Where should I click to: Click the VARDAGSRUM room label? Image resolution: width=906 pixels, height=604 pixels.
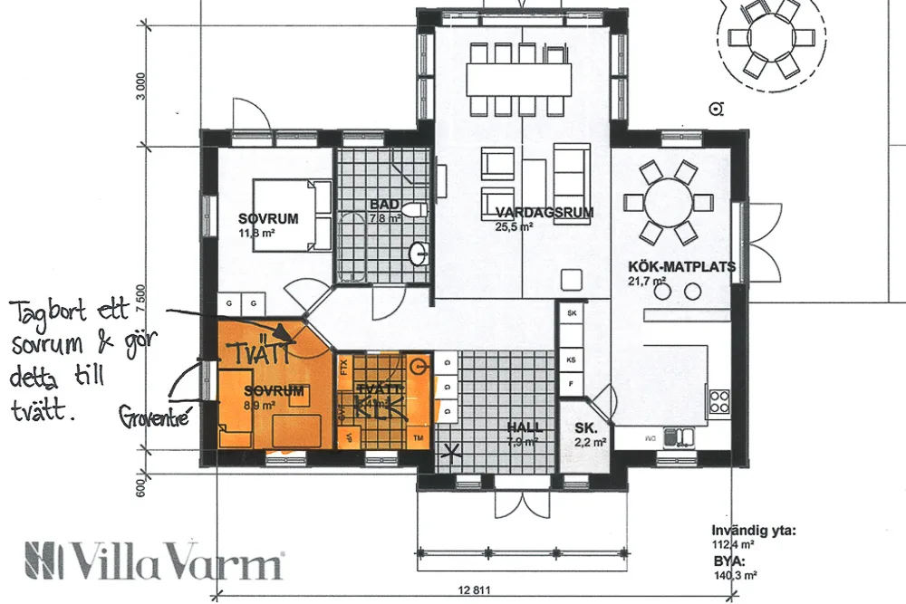(x=545, y=214)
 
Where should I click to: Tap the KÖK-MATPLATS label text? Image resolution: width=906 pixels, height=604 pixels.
(x=681, y=267)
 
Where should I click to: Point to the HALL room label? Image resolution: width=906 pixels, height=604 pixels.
(x=525, y=427)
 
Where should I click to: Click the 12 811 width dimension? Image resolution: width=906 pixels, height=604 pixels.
(x=481, y=590)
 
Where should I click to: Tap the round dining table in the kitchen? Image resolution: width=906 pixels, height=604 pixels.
(x=669, y=204)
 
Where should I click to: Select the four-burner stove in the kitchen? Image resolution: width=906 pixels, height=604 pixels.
(x=720, y=401)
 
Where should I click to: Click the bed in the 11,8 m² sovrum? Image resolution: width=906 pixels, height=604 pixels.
(x=292, y=213)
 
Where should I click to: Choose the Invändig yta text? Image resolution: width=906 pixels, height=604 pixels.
(x=753, y=532)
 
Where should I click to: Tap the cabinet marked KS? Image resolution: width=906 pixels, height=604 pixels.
(x=572, y=360)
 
